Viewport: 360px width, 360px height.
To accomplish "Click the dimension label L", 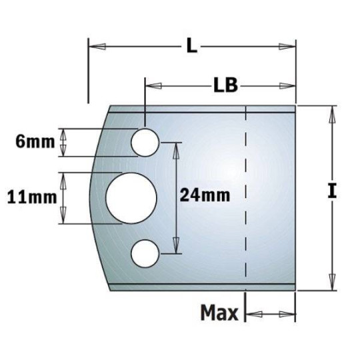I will tap(191, 46).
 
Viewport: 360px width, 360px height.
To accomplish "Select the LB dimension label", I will tap(226, 86).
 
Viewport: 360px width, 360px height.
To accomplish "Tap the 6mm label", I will tap(30, 141).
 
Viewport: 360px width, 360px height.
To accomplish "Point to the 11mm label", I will tap(30, 197).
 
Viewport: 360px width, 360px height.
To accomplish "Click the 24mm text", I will tap(205, 195).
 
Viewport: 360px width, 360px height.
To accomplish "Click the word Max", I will tap(219, 313).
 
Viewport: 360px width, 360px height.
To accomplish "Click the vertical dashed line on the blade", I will tap(246, 200).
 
